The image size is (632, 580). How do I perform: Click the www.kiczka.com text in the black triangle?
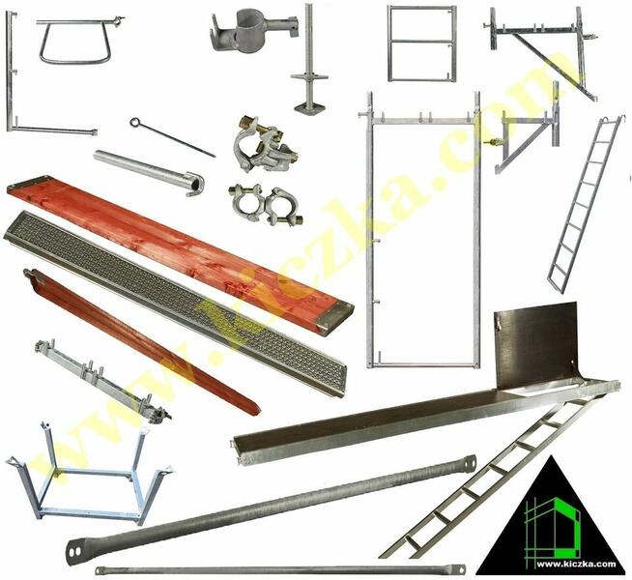click(x=576, y=564)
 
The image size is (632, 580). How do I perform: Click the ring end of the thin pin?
click(x=134, y=122)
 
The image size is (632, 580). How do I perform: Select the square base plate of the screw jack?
click(x=309, y=107)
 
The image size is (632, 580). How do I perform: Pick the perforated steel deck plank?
click(x=175, y=304)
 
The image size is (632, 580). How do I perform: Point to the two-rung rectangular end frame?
click(x=422, y=43)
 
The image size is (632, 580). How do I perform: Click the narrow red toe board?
click(x=142, y=342)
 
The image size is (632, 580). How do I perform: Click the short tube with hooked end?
click(x=149, y=172)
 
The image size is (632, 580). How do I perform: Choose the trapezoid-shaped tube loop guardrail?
click(x=76, y=42)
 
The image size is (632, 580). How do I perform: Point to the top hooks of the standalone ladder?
click(x=614, y=120)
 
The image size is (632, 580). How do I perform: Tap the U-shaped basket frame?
click(x=92, y=474)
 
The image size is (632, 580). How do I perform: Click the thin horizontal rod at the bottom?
click(x=280, y=570)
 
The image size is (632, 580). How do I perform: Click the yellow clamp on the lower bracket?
click(x=495, y=142)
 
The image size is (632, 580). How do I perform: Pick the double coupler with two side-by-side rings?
click(x=266, y=204)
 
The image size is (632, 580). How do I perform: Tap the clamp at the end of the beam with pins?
click(x=159, y=415)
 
